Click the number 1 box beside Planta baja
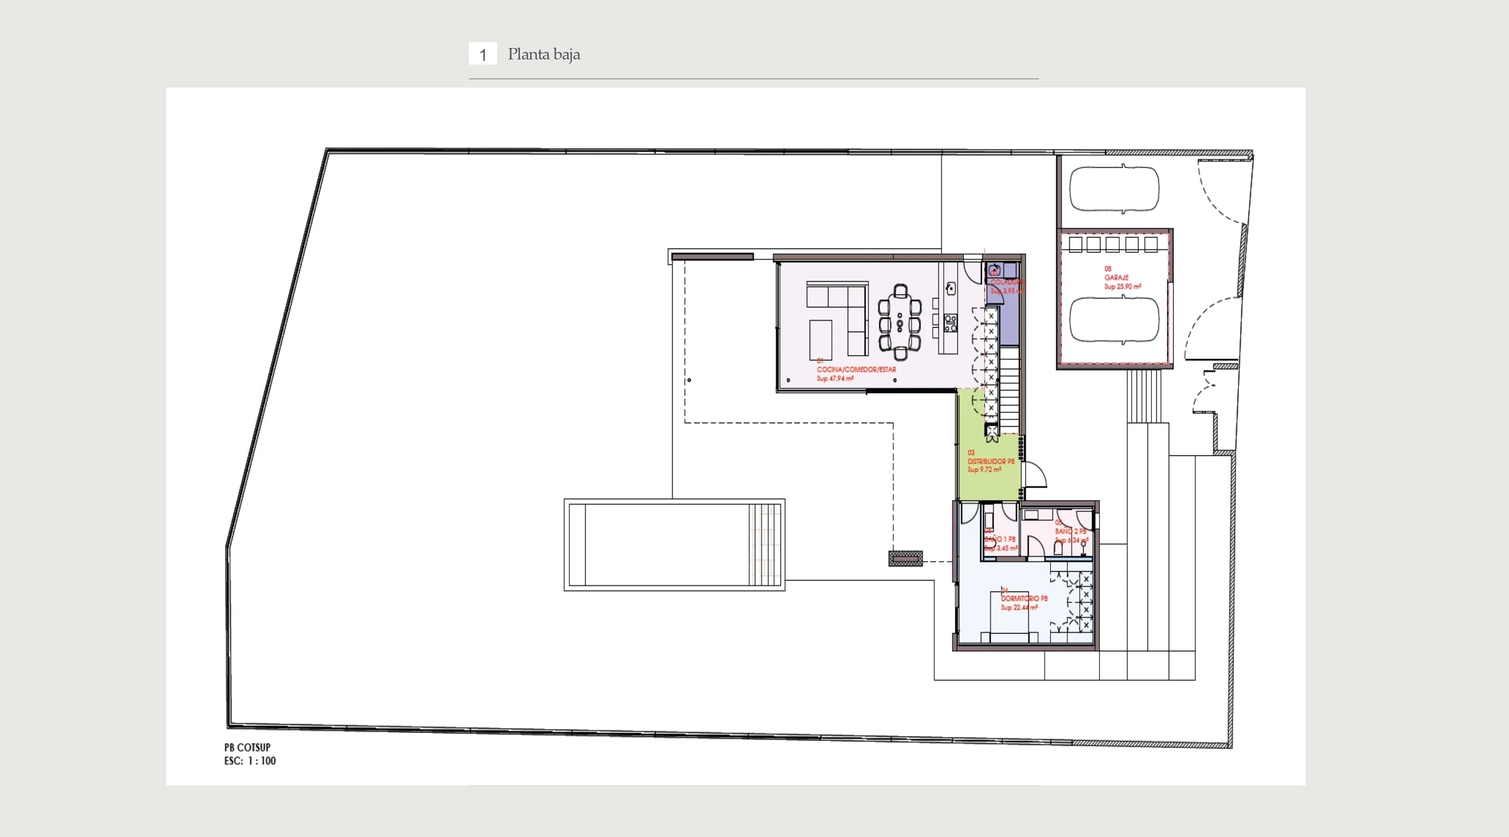pyautogui.click(x=483, y=54)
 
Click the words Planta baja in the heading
pyautogui.click(x=544, y=54)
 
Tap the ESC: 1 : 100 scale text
pyautogui.click(x=250, y=761)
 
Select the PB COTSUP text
pyautogui.click(x=247, y=747)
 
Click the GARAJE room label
pyautogui.click(x=1116, y=277)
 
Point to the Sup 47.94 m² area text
pyautogui.click(x=835, y=379)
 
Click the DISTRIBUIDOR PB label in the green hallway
pyautogui.click(x=991, y=461)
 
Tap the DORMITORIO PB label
pyautogui.click(x=1024, y=598)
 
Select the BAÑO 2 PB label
pyautogui.click(x=1070, y=531)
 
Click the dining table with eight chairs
pyautogui.click(x=900, y=322)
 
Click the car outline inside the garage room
pyautogui.click(x=1114, y=320)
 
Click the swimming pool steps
pyautogui.click(x=765, y=545)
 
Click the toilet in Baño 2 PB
pyautogui.click(x=1058, y=547)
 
